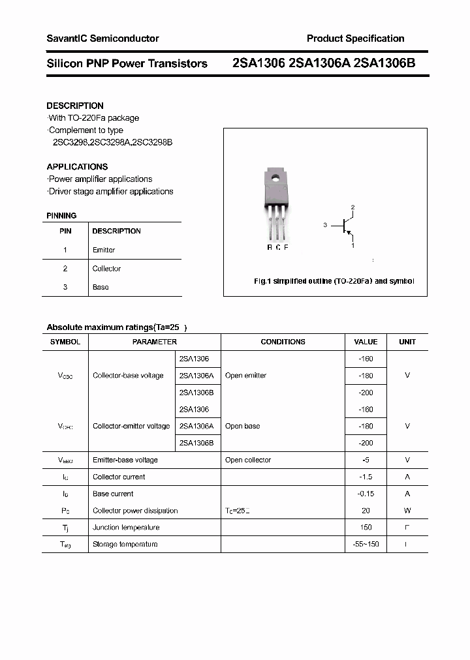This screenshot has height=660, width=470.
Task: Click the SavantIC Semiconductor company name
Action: [x=102, y=38]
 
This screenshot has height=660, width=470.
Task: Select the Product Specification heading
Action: [x=355, y=38]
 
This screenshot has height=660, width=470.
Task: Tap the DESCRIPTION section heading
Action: [x=75, y=106]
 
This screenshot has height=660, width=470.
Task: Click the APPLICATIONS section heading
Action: [x=77, y=167]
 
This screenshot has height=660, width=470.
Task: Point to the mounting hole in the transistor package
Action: [x=275, y=176]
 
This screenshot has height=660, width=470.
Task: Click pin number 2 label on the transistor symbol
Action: [x=352, y=207]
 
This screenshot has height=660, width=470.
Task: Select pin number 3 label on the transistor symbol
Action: [x=324, y=225]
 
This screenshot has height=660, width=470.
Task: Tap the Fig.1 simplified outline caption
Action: [x=334, y=281]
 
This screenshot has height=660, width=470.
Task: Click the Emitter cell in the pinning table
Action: [x=104, y=250]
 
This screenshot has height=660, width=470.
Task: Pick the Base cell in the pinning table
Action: [x=101, y=287]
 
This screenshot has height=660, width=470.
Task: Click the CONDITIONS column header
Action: [x=283, y=342]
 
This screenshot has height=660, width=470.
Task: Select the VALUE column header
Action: [x=366, y=342]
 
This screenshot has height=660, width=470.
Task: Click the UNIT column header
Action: [x=407, y=342]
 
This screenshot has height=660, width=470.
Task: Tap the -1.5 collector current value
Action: [x=366, y=477]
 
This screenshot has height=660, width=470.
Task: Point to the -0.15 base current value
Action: [x=366, y=494]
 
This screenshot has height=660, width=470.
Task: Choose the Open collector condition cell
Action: [x=248, y=460]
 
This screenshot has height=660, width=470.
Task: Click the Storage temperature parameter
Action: [x=125, y=544]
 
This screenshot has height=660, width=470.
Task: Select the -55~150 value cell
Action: [x=366, y=544]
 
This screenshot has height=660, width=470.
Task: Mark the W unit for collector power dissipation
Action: [x=407, y=511]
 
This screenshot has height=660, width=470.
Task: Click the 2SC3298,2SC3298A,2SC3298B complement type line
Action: [x=112, y=142]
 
